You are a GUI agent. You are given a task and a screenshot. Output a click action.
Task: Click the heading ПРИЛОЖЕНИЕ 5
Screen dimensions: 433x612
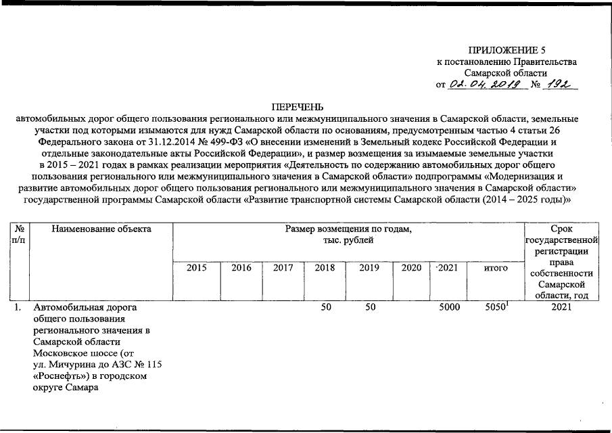pyautogui.click(x=506, y=51)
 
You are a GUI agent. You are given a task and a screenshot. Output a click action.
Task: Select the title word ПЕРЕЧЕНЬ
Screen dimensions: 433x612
pyautogui.click(x=298, y=107)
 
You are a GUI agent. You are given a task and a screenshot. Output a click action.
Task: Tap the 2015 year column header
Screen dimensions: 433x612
pyautogui.click(x=197, y=268)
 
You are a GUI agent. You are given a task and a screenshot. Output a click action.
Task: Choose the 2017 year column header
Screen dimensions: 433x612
pyautogui.click(x=283, y=268)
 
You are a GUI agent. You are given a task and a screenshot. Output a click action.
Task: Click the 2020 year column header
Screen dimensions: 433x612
pyautogui.click(x=411, y=268)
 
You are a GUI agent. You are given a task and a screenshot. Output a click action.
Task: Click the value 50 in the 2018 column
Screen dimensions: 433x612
pyautogui.click(x=325, y=308)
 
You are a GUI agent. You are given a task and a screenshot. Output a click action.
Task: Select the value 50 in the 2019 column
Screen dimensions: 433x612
pyautogui.click(x=369, y=308)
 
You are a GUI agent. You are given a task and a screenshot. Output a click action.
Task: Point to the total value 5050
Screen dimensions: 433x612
pyautogui.click(x=496, y=308)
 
